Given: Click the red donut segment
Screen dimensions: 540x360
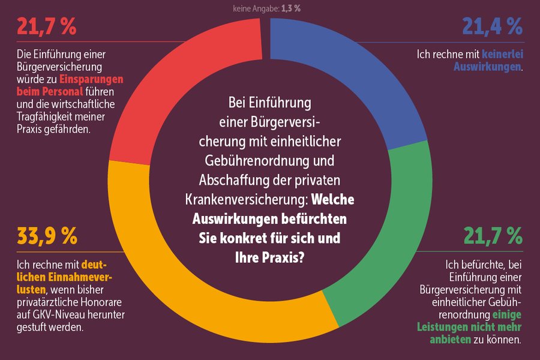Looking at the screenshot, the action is coord(172,76).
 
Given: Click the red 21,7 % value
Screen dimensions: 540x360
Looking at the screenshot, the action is coord(46,26).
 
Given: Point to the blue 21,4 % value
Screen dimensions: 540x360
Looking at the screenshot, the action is coord(493,26).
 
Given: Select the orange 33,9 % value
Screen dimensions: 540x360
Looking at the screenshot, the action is coord(47,236).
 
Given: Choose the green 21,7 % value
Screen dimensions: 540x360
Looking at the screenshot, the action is coord(493,236).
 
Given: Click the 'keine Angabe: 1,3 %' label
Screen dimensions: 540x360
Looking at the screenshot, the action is coord(266,8).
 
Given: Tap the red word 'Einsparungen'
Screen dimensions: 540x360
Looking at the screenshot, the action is coord(91,79).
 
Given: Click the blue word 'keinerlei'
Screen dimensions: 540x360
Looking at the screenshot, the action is coord(502,54).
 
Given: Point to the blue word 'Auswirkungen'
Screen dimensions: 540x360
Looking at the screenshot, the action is coord(487,67).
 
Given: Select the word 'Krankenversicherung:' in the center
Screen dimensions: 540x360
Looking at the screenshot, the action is coord(247,200).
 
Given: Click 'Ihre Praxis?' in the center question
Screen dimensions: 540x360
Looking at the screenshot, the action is coord(269,257).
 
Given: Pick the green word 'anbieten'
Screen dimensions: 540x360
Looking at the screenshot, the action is coord(450,340).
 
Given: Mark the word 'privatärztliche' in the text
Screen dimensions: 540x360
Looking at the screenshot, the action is coord(47,302).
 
